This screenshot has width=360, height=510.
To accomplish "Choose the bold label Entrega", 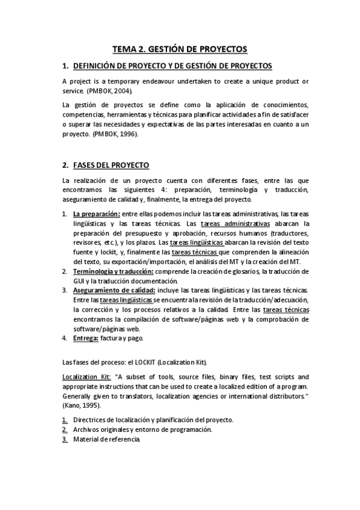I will coord(86,338).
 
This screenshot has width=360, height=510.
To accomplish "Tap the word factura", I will coord(112,338).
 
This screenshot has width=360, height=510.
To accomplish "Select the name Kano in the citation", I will coord(73,406).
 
